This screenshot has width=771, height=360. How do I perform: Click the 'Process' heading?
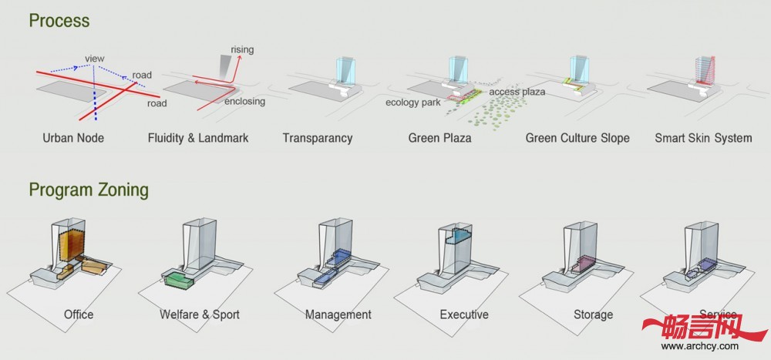59,20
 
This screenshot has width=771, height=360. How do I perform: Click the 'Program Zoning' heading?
89,189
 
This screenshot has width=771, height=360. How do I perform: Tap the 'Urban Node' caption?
73,138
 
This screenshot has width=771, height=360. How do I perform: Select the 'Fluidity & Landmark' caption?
198,138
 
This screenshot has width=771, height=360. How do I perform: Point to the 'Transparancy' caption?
317,138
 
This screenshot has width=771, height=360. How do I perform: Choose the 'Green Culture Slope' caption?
577,138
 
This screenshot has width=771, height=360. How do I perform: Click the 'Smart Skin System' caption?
703,138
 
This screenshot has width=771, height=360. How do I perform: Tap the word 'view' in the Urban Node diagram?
95,57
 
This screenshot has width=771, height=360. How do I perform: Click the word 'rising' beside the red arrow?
242,50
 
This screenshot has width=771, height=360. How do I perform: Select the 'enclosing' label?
244,101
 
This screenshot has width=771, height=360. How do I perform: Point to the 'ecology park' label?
413,103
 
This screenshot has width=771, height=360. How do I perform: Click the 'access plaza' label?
517,92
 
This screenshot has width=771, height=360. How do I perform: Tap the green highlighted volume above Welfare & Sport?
178,278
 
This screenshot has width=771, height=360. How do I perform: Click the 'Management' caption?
338,315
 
